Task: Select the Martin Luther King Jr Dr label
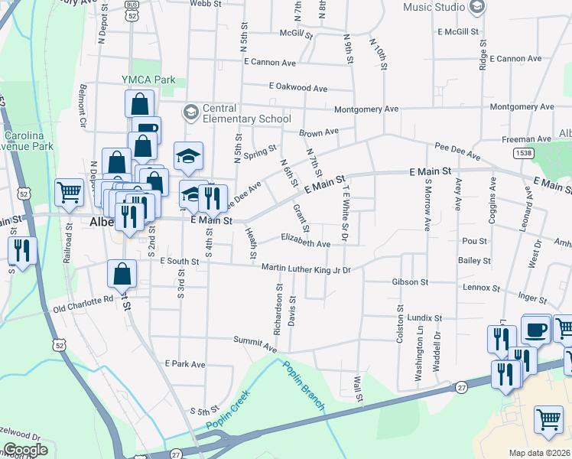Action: [x=306, y=269]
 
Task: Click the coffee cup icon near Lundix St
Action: [x=536, y=330]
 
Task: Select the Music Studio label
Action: [x=434, y=8]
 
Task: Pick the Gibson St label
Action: [x=410, y=282]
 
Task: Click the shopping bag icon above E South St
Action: [x=122, y=273]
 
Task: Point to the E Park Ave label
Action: [x=185, y=363]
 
